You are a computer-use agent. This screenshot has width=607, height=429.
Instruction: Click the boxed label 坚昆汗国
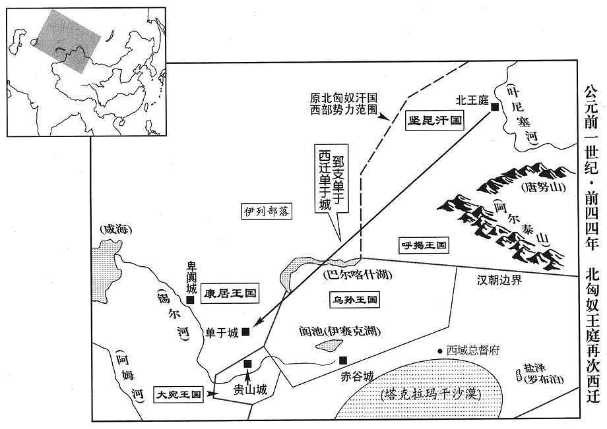[x=434, y=120]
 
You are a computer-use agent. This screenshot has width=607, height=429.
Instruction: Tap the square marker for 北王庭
[x=494, y=107]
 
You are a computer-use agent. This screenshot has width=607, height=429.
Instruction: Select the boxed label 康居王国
[x=230, y=293]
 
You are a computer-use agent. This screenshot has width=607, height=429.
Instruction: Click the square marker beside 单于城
[x=245, y=331]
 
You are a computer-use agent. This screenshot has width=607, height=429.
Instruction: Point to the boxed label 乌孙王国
[x=354, y=300]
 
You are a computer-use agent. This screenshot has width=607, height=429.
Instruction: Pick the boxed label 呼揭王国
[x=424, y=244]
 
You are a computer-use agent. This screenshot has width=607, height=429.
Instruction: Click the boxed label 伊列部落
[x=267, y=212]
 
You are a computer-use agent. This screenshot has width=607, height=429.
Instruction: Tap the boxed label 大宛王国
[x=178, y=394]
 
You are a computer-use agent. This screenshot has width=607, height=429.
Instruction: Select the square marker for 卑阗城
[x=190, y=300]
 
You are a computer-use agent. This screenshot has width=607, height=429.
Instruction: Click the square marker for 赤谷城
[x=342, y=360]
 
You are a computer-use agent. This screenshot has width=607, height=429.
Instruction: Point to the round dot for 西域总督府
[x=440, y=351]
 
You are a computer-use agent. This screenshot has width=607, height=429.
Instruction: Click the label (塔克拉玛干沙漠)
[x=430, y=394]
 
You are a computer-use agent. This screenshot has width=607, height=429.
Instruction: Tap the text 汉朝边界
[x=499, y=280]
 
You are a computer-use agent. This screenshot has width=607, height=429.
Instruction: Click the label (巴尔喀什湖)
[x=358, y=275]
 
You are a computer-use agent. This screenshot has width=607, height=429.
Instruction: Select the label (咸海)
[x=115, y=230]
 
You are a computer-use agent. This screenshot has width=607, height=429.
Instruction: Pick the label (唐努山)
[x=543, y=188]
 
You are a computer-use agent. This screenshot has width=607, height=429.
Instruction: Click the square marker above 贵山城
[x=248, y=363]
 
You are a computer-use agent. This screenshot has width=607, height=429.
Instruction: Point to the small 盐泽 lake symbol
[x=519, y=375]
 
